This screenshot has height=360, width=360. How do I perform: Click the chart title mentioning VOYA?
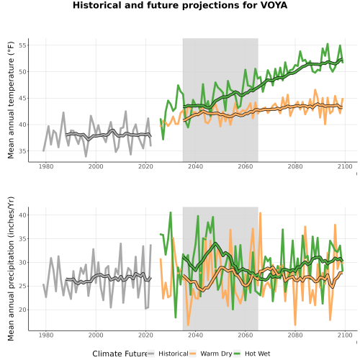coord(180,5)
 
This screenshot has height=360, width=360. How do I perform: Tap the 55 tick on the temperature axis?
coord(22,45)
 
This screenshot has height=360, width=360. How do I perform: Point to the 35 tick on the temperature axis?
coord(22,151)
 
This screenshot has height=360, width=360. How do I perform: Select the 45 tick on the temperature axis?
coord(22,99)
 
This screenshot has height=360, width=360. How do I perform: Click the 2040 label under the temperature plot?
coord(195,166)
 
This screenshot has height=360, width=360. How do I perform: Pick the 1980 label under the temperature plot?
coord(46,166)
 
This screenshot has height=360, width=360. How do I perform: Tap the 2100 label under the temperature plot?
coord(345,166)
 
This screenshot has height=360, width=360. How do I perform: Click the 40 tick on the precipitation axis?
coord(22,215)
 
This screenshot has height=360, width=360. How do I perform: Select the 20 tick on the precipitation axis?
coord(22,310)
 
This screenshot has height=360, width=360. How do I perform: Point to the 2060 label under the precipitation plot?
coord(246,335)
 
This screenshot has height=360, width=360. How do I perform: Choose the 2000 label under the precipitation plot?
coord(96,335)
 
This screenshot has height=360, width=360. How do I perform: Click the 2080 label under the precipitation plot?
coord(295,335)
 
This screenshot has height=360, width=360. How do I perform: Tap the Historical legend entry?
coord(174,354)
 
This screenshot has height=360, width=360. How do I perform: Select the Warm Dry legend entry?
coord(216,354)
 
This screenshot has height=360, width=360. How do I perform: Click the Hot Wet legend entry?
coord(258,354)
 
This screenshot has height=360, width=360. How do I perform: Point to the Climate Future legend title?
coord(120,354)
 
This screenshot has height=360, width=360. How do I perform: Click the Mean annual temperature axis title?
coord(11,100)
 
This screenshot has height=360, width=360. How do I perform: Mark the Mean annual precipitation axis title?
coord(11,269)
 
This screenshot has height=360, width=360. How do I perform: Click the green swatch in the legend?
coord(237,354)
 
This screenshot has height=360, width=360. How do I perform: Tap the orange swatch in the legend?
coord(193,354)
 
